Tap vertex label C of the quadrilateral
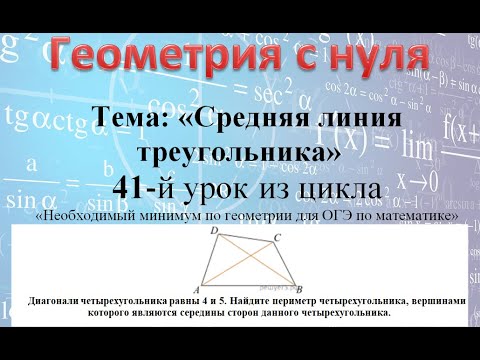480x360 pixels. [277, 236]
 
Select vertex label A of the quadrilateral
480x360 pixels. [197, 287]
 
